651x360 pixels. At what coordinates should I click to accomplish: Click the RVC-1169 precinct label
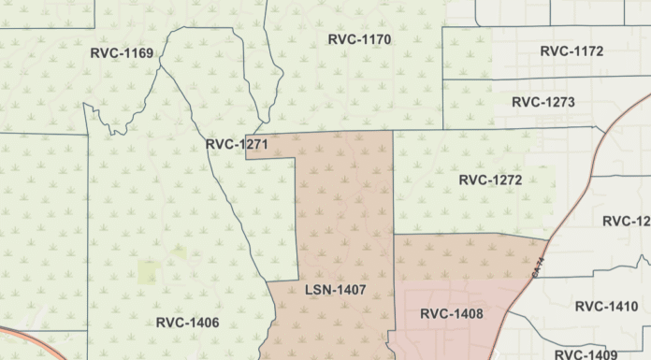point(122,52)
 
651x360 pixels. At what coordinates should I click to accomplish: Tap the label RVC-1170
point(359,39)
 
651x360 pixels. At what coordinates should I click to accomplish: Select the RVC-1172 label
point(571,50)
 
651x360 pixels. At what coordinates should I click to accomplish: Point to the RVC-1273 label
point(543,102)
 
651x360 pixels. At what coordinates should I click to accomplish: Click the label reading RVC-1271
point(237,145)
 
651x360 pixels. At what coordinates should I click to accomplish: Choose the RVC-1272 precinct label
point(490,180)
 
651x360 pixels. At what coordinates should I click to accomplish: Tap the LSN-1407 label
point(335,290)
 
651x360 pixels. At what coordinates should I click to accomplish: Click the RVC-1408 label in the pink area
point(452,314)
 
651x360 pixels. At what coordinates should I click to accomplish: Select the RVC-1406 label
point(187,323)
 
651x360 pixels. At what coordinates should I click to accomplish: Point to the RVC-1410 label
point(606,306)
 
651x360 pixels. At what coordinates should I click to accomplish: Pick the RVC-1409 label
point(586,354)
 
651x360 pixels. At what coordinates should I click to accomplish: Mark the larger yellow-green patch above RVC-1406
point(149,272)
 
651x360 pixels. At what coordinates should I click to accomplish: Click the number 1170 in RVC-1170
point(374,39)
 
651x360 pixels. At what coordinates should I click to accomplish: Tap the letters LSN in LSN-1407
point(318,290)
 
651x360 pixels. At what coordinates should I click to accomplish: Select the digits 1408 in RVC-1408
point(467,314)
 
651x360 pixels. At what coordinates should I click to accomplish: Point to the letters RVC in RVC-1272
point(473,180)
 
